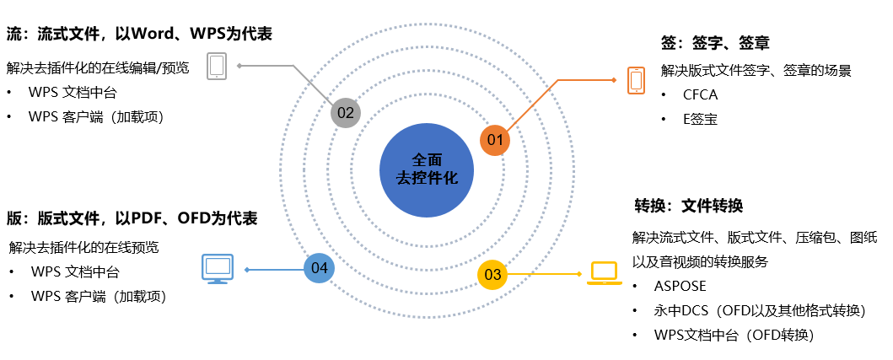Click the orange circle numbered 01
(x=495, y=140)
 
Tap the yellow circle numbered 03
(x=492, y=274)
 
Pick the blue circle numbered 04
(x=319, y=268)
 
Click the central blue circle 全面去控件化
(x=426, y=169)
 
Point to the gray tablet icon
(x=218, y=66)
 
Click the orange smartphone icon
(x=636, y=81)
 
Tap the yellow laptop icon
(x=605, y=273)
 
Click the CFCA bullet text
(x=701, y=94)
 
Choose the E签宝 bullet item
(x=700, y=119)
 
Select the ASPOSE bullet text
(x=680, y=286)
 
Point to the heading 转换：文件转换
(x=688, y=207)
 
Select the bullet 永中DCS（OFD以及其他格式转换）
(x=759, y=310)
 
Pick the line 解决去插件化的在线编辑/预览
(x=98, y=67)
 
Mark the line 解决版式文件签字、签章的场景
(x=756, y=70)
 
